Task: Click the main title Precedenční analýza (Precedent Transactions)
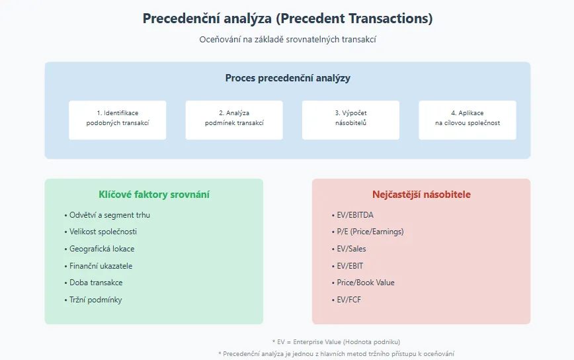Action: [x=288, y=19]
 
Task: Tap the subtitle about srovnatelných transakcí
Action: [x=288, y=39]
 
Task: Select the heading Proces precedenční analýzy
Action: [x=288, y=78]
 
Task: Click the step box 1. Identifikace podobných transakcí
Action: [x=118, y=120]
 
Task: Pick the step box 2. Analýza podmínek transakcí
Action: [x=234, y=120]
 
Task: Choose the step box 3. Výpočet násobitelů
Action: [x=350, y=120]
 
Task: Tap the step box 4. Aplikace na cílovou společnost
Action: [x=468, y=120]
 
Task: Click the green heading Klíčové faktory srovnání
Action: [x=153, y=195]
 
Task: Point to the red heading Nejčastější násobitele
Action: [x=421, y=195]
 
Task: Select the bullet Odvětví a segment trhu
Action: [x=107, y=215]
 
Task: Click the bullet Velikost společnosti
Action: [x=101, y=232]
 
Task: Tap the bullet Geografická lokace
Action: [x=99, y=249]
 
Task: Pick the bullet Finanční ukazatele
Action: [x=98, y=266]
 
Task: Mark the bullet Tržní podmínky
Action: [x=93, y=300]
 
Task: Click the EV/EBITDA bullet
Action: [x=352, y=215]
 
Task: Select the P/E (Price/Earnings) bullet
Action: [x=368, y=232]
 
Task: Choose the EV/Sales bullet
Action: [x=349, y=249]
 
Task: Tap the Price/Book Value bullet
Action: [x=363, y=283]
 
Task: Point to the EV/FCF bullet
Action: [x=347, y=300]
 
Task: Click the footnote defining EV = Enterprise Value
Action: [x=336, y=341]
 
